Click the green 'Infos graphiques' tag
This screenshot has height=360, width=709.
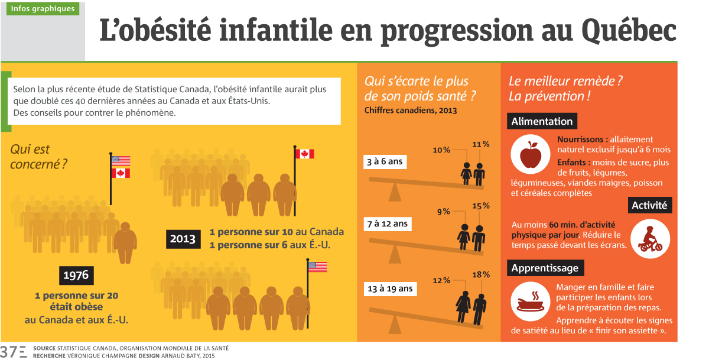coord(43,9)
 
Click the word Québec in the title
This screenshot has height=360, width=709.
coord(629,31)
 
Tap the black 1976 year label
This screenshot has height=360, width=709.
coord(77,275)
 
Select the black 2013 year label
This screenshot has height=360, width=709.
coord(183,240)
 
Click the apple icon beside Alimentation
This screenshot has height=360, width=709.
coord(530,154)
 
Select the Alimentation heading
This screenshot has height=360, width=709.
coord(542,122)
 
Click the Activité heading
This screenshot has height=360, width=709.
coord(649,206)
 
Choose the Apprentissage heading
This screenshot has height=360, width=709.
coord(545,268)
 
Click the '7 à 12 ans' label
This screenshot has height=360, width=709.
coord(388,224)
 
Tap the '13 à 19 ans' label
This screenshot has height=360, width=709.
coord(390,288)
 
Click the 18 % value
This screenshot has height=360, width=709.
coord(481,274)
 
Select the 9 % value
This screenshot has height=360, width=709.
coord(443,211)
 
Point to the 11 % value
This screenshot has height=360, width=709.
coord(481,144)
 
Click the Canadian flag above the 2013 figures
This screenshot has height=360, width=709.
coord(305,154)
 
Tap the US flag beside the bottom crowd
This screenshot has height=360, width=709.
coord(317,267)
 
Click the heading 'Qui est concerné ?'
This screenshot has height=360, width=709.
coord(38,157)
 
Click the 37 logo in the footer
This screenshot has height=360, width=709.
coord(14,351)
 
